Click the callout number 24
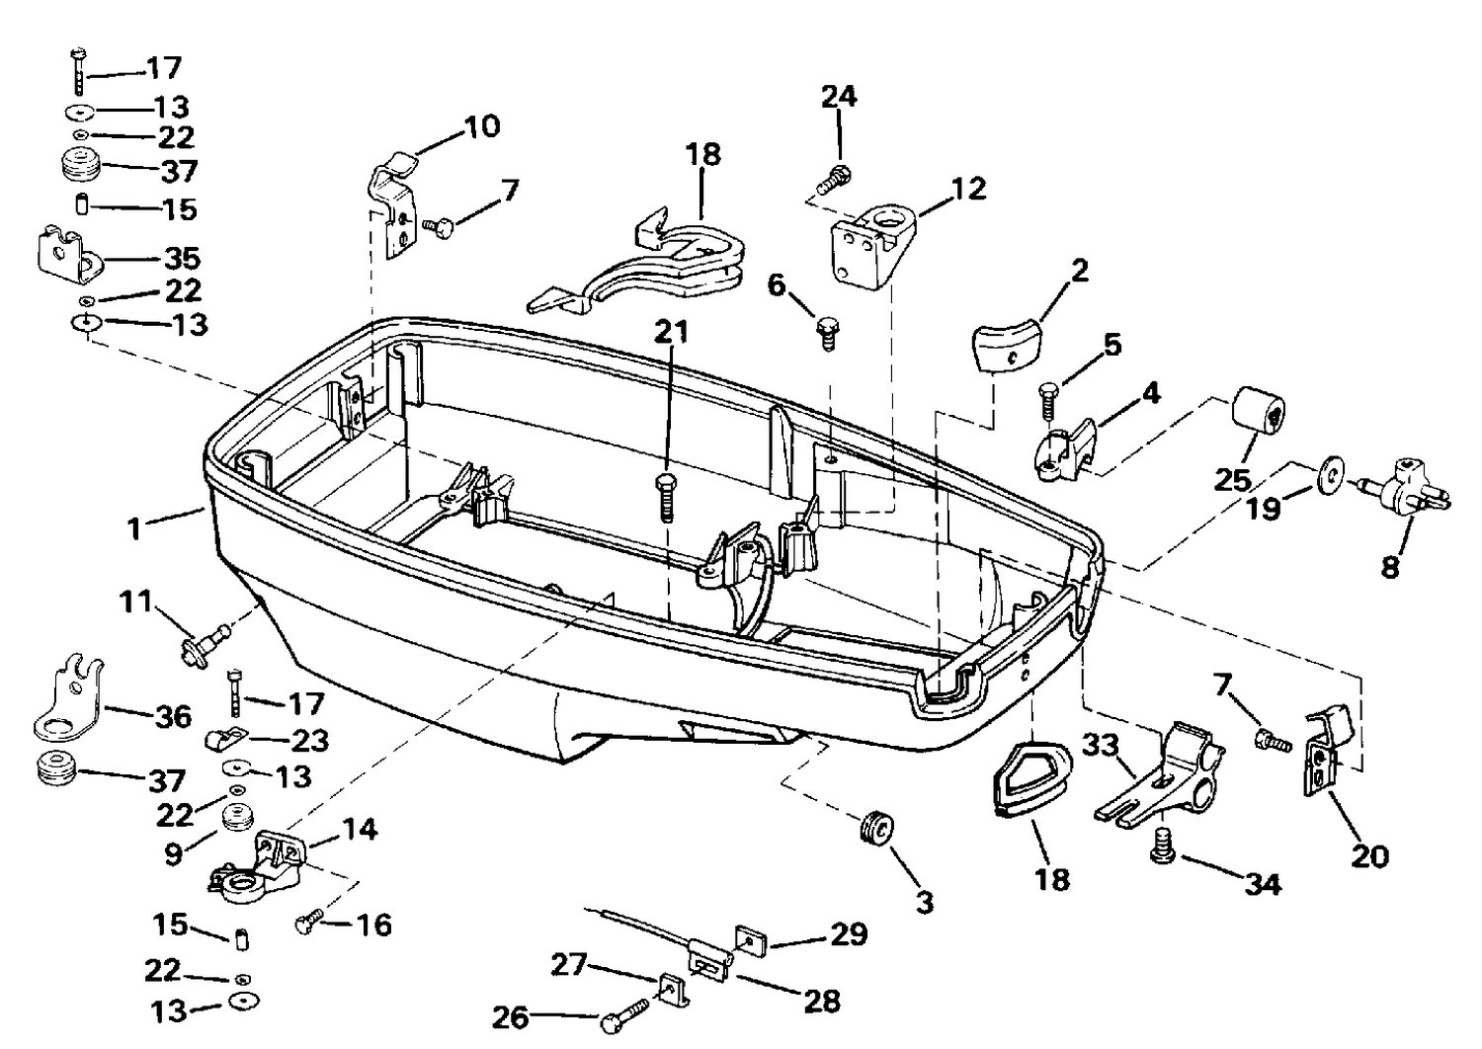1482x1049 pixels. click(x=840, y=97)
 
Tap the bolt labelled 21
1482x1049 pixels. click(x=666, y=498)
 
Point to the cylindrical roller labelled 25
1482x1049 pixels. click(x=1258, y=411)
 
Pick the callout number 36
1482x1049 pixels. click(x=173, y=716)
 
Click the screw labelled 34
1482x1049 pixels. click(x=1163, y=847)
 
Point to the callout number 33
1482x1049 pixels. click(x=1101, y=746)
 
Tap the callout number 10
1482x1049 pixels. click(x=482, y=125)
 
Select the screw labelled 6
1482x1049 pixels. click(x=827, y=333)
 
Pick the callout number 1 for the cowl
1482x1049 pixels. click(x=135, y=528)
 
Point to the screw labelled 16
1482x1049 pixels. click(x=309, y=920)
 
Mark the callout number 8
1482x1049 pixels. click(x=1390, y=566)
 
